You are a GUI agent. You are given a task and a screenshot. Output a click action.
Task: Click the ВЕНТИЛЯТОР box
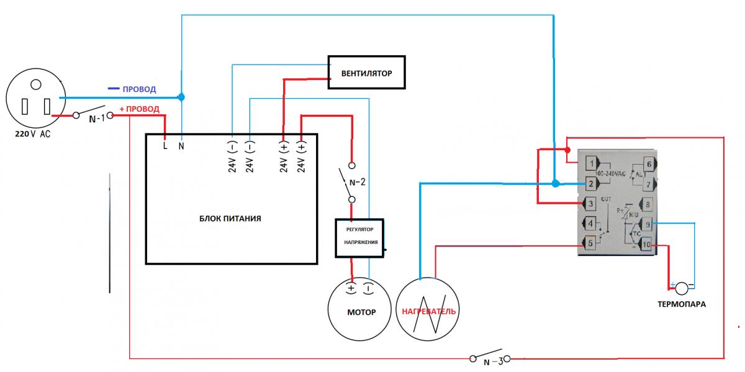click(x=367, y=73)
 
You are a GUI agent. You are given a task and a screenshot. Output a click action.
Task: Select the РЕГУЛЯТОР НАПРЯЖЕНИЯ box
click(x=360, y=238)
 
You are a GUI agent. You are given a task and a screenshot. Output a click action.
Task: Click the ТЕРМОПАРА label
click(x=682, y=305)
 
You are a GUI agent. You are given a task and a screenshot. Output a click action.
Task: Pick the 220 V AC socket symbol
click(x=35, y=102)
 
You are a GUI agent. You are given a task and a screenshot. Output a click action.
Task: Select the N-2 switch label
click(x=358, y=183)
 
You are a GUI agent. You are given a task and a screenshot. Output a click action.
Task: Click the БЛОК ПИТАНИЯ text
click(x=230, y=219)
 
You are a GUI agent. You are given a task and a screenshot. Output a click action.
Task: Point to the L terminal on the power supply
click(x=166, y=147)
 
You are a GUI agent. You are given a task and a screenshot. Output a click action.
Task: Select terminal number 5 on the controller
click(x=590, y=243)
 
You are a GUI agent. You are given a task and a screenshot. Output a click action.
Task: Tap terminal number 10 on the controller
click(x=646, y=244)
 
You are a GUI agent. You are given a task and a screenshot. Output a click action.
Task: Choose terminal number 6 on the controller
click(x=649, y=164)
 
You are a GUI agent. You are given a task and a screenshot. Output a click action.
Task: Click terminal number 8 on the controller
click(x=648, y=204)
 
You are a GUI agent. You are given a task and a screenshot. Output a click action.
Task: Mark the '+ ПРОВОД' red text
click(x=139, y=109)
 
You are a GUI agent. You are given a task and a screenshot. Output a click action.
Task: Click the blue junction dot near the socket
click(x=181, y=97)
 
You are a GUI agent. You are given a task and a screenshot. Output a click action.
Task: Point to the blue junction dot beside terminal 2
click(x=555, y=183)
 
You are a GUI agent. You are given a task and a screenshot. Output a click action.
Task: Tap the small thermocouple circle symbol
click(x=682, y=288)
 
